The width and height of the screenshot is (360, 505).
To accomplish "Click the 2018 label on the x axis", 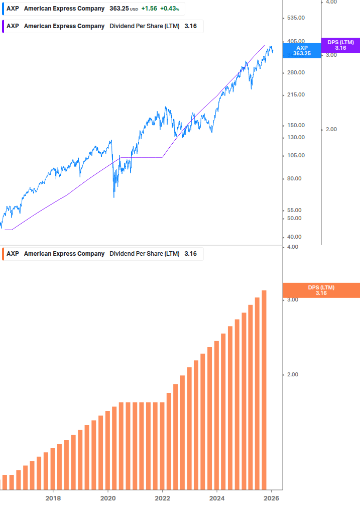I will (53, 498).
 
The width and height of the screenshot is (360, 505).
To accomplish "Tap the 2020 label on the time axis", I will (108, 498).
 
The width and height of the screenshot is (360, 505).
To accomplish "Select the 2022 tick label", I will (162, 498).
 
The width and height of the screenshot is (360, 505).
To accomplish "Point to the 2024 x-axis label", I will (217, 498).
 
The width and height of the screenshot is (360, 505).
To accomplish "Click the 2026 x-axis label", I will (271, 498).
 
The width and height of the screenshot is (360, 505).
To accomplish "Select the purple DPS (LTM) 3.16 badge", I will (340, 45).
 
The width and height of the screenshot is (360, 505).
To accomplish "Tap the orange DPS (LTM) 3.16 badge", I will (321, 290).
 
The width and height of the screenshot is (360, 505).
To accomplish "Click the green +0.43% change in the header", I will (169, 9).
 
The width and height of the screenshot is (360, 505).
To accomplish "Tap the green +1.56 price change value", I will (149, 9).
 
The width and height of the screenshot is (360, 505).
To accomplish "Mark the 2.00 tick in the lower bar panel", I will (292, 374).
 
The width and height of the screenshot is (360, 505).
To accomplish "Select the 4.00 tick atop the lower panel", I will (292, 247).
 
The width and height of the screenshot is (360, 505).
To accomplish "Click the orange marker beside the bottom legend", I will (3, 254).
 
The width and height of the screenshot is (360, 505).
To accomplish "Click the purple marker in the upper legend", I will (3, 26).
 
